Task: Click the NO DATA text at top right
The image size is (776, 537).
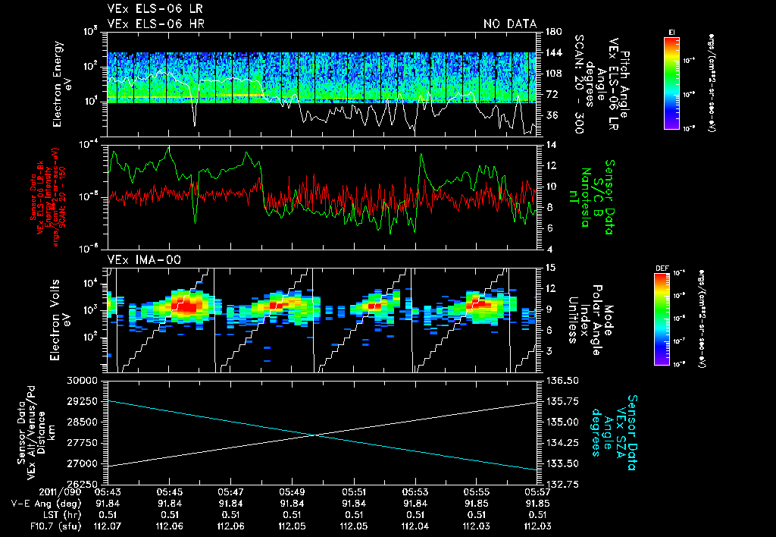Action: (x=509, y=24)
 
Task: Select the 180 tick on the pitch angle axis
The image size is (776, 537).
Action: (x=552, y=32)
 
